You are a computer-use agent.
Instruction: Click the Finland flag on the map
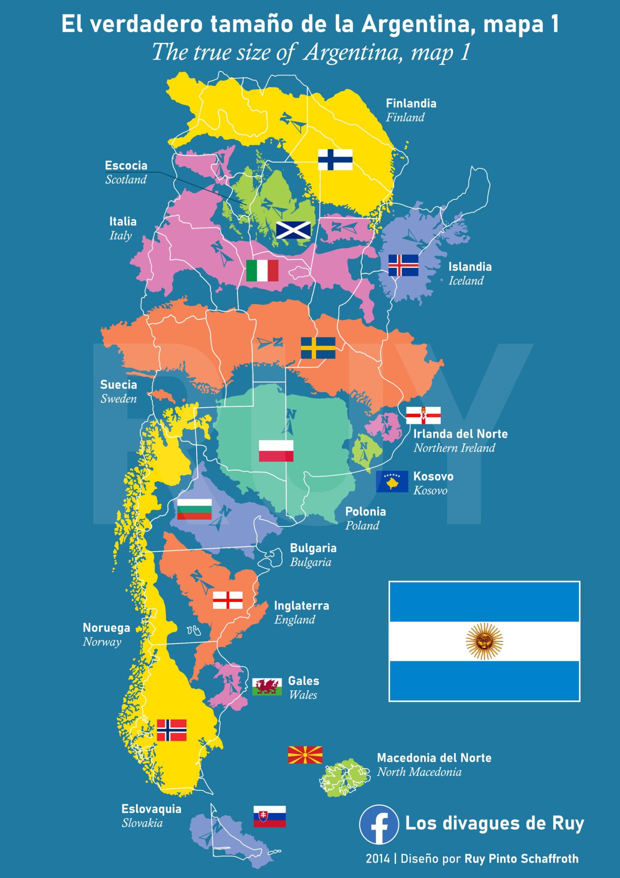(x=335, y=159)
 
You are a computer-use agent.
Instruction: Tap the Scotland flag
(x=293, y=230)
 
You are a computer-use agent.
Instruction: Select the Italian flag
(x=262, y=271)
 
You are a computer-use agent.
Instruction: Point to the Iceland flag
(x=403, y=265)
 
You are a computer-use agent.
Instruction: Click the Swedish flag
(x=318, y=348)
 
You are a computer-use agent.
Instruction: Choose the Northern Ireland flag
(x=423, y=415)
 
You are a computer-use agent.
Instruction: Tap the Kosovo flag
(x=392, y=481)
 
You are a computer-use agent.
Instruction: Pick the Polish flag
(x=276, y=451)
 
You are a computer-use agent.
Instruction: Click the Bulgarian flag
(x=194, y=509)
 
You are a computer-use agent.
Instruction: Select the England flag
(x=228, y=600)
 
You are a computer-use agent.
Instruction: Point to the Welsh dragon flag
(x=267, y=686)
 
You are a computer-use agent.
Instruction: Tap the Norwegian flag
(x=171, y=730)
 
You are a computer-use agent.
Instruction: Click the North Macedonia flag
(x=305, y=755)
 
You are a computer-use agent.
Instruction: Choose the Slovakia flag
(x=269, y=816)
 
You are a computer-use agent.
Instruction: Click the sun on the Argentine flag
(x=484, y=641)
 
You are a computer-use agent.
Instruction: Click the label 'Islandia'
(x=470, y=267)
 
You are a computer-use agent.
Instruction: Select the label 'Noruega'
(x=106, y=628)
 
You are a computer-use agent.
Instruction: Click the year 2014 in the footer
(x=378, y=858)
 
